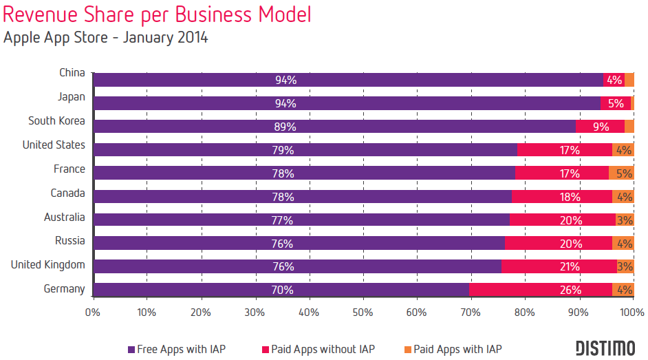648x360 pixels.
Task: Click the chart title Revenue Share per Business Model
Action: [157, 14]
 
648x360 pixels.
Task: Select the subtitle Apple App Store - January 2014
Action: [105, 37]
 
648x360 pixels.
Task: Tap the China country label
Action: [72, 73]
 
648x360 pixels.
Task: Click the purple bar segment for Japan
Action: [347, 103]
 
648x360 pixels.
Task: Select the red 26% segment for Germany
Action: [541, 290]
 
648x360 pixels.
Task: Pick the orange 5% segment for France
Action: [621, 173]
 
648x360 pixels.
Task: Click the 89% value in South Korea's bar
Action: [285, 127]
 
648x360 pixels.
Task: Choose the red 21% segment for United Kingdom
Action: [559, 266]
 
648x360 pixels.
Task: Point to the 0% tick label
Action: [93, 312]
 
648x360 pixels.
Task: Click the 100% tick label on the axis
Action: [631, 312]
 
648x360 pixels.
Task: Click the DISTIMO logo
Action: [605, 348]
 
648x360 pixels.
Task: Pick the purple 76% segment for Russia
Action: [299, 243]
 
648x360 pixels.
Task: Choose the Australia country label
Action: [64, 218]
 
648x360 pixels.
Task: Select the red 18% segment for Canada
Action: [562, 197]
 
